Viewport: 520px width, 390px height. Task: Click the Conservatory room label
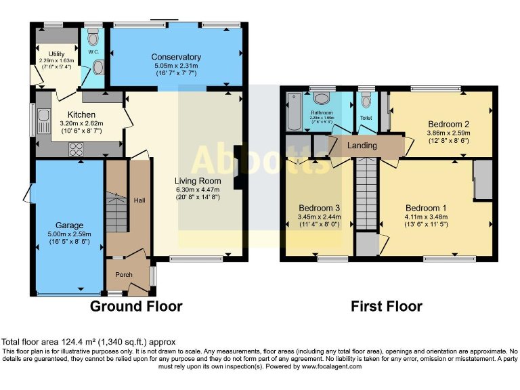(176, 57)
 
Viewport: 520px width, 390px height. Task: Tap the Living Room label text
(198, 181)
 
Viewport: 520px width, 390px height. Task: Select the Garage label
(69, 225)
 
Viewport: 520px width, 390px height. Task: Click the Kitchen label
(81, 114)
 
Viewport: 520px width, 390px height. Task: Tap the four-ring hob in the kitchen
(74, 150)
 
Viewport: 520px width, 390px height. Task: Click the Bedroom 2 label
(448, 124)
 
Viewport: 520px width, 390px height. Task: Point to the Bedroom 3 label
(319, 208)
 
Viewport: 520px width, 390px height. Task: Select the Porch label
(123, 274)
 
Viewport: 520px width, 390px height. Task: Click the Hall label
(139, 200)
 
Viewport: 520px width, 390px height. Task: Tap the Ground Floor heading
(136, 307)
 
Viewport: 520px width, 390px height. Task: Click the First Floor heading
(386, 307)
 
